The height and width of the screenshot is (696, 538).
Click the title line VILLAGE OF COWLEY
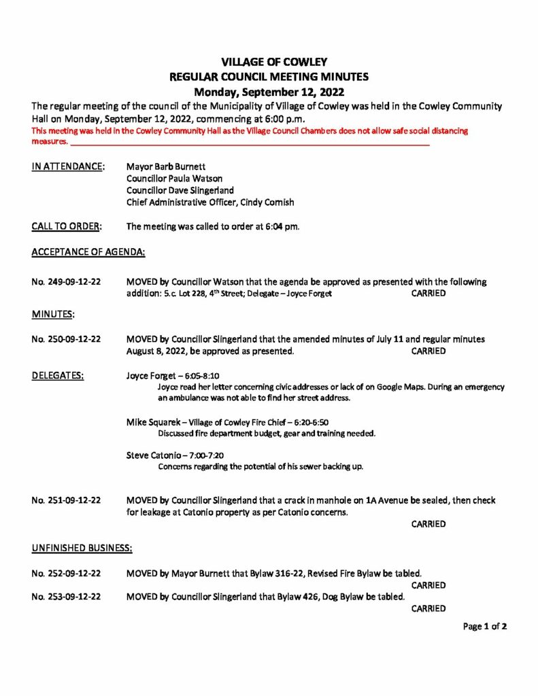[x=269, y=63]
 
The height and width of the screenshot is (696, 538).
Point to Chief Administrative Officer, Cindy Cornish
[x=210, y=203]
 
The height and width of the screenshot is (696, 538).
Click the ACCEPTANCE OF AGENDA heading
[x=88, y=251]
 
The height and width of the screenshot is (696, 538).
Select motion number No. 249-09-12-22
[x=67, y=281]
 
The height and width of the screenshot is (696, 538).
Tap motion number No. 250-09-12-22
[x=67, y=338]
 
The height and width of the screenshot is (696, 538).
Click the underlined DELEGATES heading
[x=58, y=375]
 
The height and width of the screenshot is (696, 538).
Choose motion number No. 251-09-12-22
[x=67, y=500]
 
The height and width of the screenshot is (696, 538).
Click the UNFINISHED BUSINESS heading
[x=82, y=546]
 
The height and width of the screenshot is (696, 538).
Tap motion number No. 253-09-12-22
[x=67, y=597]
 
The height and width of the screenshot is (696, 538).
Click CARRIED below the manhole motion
[x=428, y=524]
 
